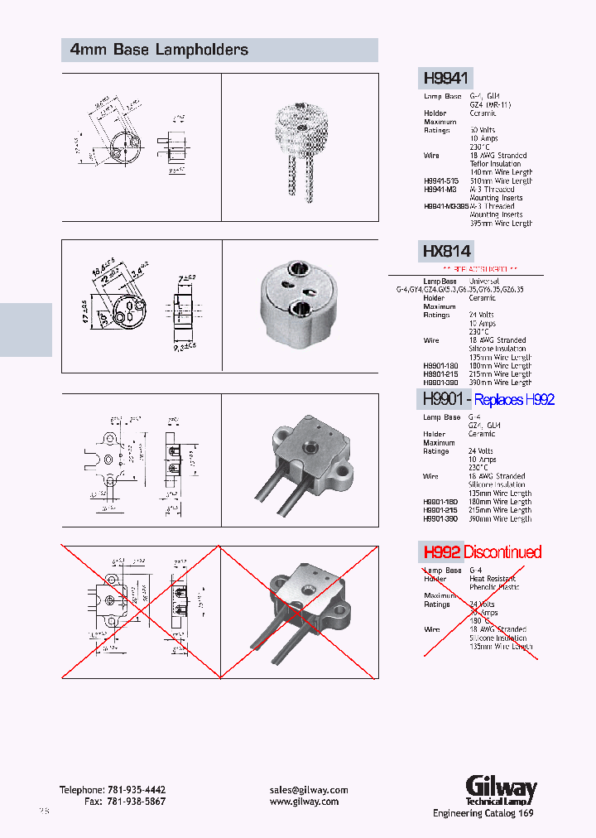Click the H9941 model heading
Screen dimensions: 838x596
pyautogui.click(x=446, y=79)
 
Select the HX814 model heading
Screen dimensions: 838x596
pyautogui.click(x=446, y=251)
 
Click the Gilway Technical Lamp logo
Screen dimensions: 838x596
pyautogui.click(x=500, y=791)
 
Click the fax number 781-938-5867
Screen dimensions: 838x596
pyautogui.click(x=136, y=802)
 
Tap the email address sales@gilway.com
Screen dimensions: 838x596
pyautogui.click(x=309, y=790)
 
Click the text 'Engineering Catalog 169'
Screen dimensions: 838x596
pyautogui.click(x=483, y=813)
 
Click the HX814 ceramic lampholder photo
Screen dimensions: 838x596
pyautogui.click(x=300, y=303)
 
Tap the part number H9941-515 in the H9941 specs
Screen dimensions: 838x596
pyautogui.click(x=441, y=181)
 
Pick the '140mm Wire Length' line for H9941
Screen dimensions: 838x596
pyautogui.click(x=501, y=172)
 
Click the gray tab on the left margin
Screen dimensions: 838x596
pyautogui.click(x=26, y=330)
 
